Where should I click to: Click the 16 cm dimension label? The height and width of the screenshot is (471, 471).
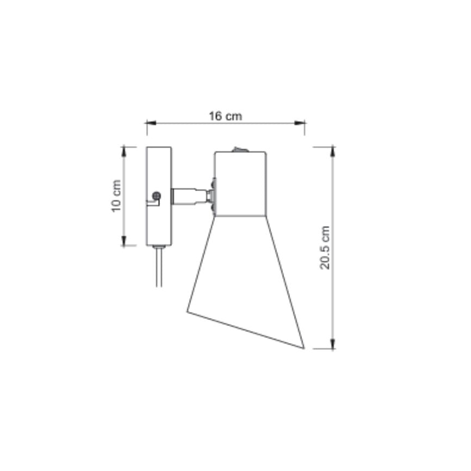pos(225,116)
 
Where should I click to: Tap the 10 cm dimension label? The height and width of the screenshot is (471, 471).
pos(116,196)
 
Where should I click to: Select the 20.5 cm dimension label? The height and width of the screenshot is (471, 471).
pos(325,247)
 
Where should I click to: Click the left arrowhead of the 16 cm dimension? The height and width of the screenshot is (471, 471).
pos(151,123)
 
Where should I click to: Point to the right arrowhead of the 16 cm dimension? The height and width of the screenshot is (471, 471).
pos(300,123)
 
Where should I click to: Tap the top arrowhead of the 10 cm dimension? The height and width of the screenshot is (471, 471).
pos(124,152)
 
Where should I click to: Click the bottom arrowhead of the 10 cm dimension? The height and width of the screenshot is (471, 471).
pos(124,241)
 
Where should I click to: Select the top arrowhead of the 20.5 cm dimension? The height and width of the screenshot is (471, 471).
pos(332,152)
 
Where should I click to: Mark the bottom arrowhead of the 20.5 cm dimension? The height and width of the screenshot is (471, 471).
pos(332,344)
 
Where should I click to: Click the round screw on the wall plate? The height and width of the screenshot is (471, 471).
pos(157,196)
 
